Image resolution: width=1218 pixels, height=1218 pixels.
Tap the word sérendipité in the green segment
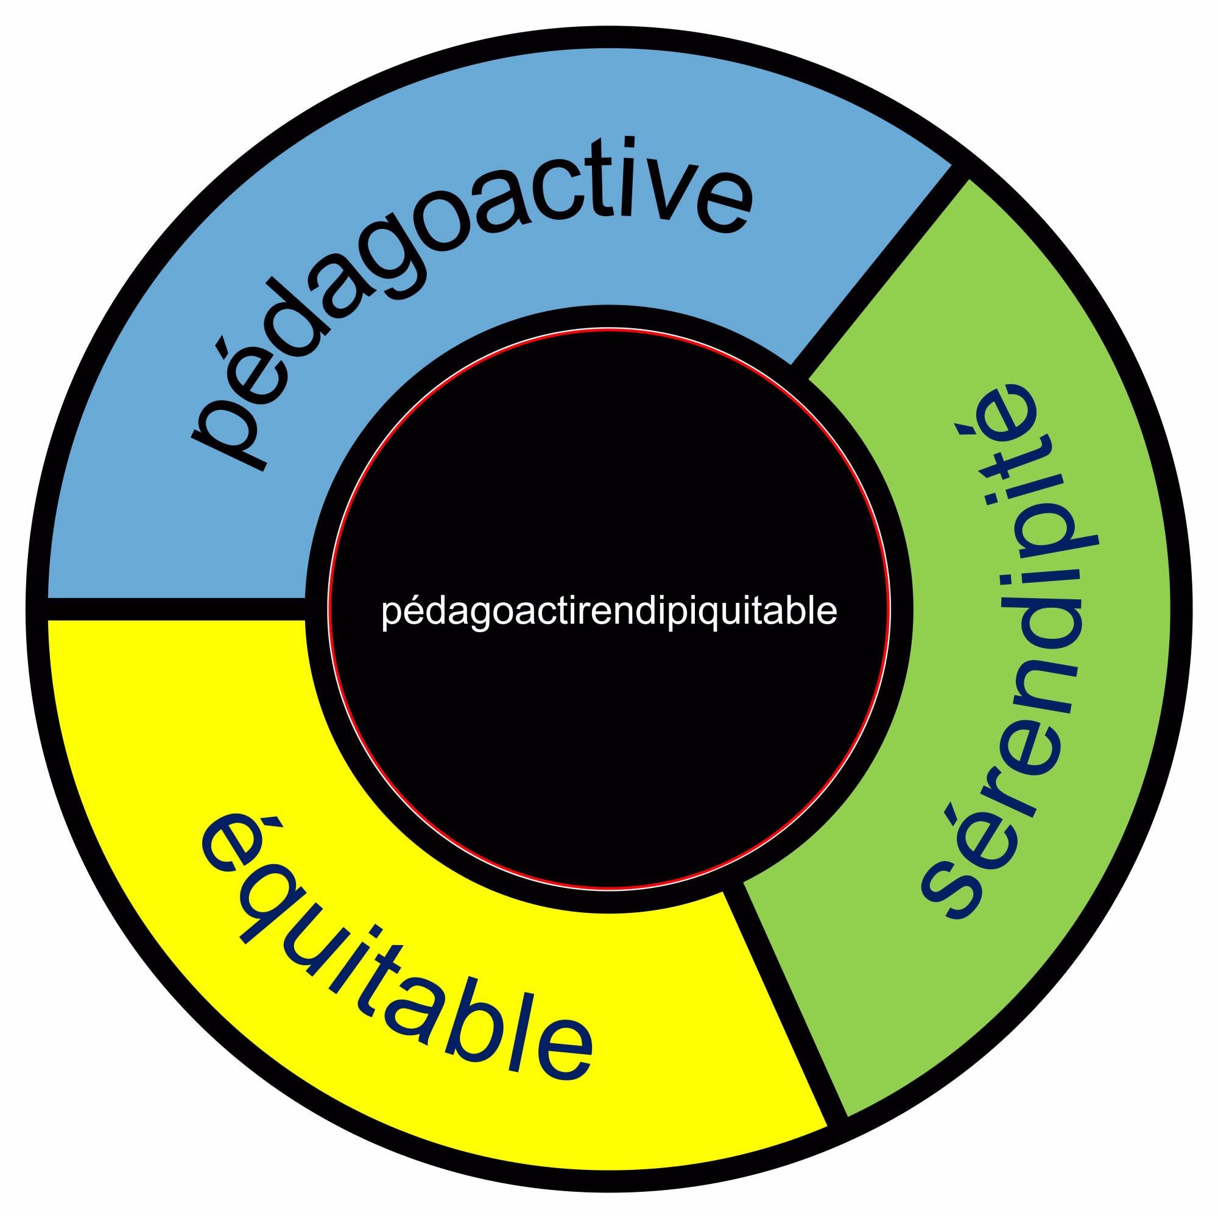pyautogui.click(x=1009, y=649)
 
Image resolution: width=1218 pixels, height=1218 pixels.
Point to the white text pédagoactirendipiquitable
pyautogui.click(x=609, y=611)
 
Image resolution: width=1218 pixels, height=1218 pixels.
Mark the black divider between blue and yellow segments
pyautogui.click(x=177, y=609)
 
